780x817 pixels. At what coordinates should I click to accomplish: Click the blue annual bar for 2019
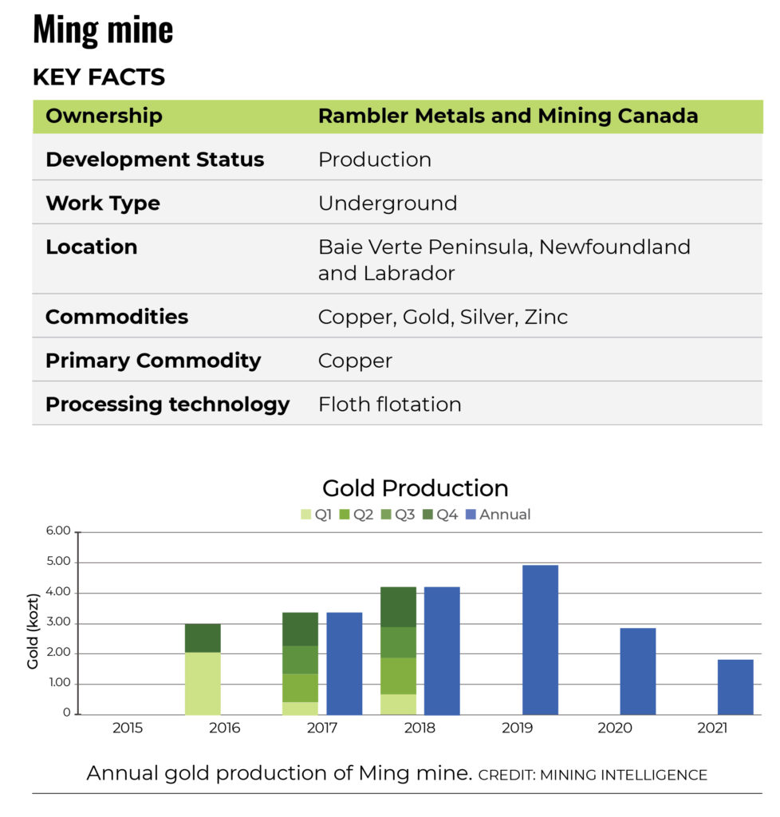tap(540, 640)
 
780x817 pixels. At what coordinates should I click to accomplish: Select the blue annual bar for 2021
tap(735, 687)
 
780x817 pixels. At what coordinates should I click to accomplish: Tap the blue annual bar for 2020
tap(638, 671)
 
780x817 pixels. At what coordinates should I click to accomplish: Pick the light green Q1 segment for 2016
tap(203, 684)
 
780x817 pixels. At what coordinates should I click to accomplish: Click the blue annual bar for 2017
tap(345, 663)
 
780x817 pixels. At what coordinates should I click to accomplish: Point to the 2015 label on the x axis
tap(128, 728)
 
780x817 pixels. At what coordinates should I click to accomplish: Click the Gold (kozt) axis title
tap(33, 631)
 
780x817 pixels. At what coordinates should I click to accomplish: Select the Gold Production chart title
tap(415, 488)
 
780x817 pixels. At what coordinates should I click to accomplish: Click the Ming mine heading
tap(103, 30)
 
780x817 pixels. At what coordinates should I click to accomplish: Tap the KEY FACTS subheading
tap(99, 77)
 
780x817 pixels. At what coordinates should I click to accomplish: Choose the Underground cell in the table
tap(388, 203)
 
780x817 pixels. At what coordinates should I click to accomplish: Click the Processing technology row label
tap(167, 405)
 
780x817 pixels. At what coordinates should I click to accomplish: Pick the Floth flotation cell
tap(389, 405)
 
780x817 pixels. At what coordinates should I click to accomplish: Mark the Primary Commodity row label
tap(153, 361)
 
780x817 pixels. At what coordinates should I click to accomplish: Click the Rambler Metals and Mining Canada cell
tap(508, 116)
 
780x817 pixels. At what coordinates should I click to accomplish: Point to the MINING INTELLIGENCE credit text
tap(593, 775)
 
